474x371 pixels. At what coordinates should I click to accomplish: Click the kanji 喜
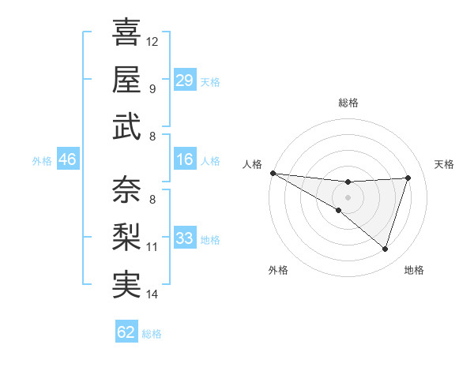coord(126,32)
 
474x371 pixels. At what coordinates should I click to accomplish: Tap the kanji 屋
coord(126,79)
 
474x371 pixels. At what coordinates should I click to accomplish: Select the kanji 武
coord(126,126)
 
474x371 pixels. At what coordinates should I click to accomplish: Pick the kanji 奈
coord(126,189)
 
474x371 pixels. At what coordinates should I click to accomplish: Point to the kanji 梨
coord(126,237)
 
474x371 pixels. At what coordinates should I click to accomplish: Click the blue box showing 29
coord(184,81)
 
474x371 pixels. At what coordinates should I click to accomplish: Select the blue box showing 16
coord(184,159)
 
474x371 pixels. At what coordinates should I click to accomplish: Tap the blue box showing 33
coord(184,238)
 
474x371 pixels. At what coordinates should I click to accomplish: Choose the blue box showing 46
coord(67,159)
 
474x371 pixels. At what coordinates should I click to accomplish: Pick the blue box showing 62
coord(126,332)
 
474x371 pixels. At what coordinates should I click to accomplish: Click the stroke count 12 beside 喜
coord(152,41)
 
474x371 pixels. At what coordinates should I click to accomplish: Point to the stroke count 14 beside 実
coord(152,294)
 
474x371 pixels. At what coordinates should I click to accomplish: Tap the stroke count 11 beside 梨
coord(152,247)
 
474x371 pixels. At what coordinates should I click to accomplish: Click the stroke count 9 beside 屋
coord(152,88)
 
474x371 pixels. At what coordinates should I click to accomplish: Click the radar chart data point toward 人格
coord(273,173)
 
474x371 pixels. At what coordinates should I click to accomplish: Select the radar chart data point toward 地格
coord(385,249)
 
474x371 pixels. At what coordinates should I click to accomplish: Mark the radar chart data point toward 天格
coord(408,178)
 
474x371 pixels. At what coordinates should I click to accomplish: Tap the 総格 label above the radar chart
coord(348,103)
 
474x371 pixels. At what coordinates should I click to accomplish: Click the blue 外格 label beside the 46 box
coord(42,160)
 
